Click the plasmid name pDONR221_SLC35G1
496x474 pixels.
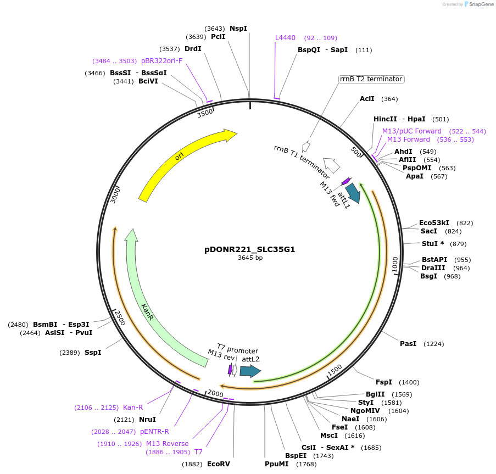(x=250, y=249)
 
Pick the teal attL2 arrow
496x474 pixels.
(x=250, y=371)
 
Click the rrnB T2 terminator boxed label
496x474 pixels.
(x=371, y=79)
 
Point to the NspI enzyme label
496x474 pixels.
(x=238, y=28)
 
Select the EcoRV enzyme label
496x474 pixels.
(x=218, y=464)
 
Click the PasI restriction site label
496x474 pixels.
(x=408, y=344)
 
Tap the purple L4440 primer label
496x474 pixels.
(x=285, y=38)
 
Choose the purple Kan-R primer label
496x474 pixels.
(x=133, y=407)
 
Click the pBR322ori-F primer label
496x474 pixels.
(x=161, y=60)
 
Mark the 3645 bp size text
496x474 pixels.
(x=250, y=258)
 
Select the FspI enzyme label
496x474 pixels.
(x=383, y=382)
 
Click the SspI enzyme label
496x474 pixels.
(x=93, y=353)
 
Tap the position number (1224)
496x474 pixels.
(x=433, y=344)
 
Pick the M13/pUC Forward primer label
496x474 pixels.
(x=412, y=131)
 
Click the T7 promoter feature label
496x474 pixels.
(x=237, y=350)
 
